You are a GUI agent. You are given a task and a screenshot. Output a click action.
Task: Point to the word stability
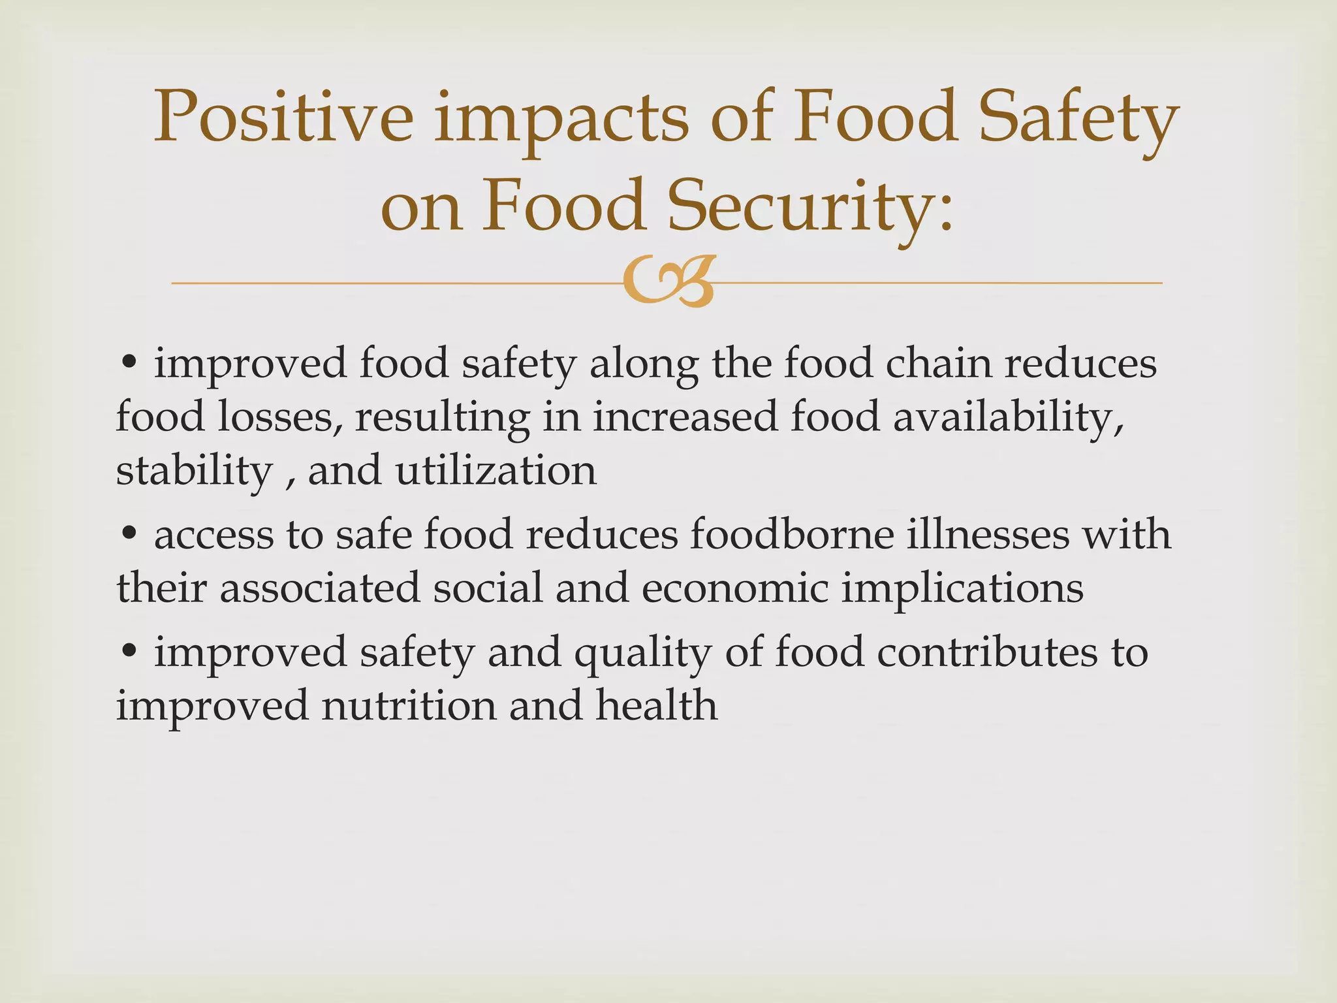194,471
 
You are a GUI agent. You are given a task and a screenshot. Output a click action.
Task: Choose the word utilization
496,471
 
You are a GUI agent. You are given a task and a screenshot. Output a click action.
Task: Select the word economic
735,588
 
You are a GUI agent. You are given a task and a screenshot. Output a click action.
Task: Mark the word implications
962,588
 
